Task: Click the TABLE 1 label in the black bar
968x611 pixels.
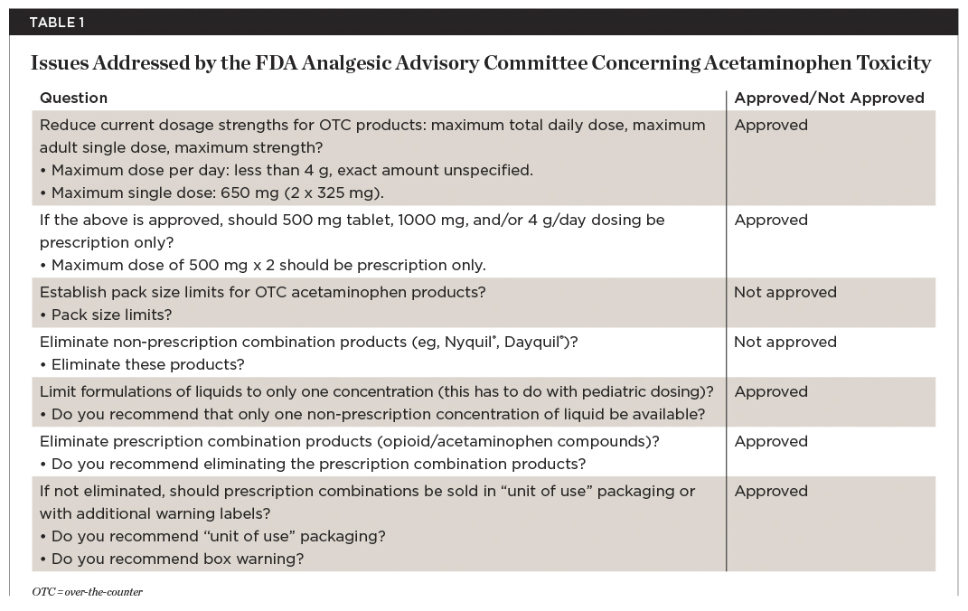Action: pyautogui.click(x=57, y=23)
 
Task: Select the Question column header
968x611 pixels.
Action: pyautogui.click(x=73, y=98)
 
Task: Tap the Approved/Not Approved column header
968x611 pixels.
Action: pyautogui.click(x=829, y=98)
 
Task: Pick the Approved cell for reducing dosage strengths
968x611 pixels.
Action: pyautogui.click(x=771, y=126)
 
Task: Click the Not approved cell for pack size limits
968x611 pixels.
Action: pyautogui.click(x=785, y=293)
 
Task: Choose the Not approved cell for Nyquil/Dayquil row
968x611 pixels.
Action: pyautogui.click(x=785, y=343)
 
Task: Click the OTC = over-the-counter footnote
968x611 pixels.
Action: pyautogui.click(x=87, y=592)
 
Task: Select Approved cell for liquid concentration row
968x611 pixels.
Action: pyautogui.click(x=771, y=392)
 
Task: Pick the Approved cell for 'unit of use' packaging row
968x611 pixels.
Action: pyautogui.click(x=771, y=492)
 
